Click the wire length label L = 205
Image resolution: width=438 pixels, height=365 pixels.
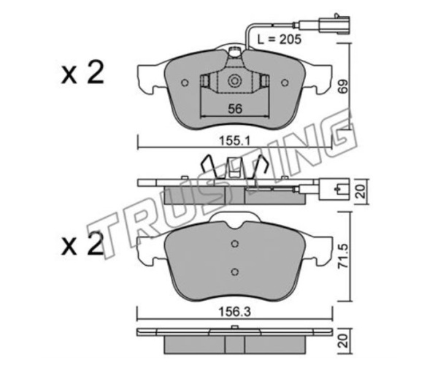coord(280,39)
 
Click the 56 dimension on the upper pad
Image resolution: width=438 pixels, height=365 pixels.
coord(235,109)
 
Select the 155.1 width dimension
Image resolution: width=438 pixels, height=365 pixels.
coord(234,141)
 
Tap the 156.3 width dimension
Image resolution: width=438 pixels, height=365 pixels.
coord(234,312)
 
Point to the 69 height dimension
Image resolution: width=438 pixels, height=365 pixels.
coord(343,86)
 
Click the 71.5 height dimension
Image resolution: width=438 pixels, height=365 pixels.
coord(343,256)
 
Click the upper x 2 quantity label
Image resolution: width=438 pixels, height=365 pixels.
coord(82,72)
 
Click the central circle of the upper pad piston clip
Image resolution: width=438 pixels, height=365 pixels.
coord(234,81)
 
